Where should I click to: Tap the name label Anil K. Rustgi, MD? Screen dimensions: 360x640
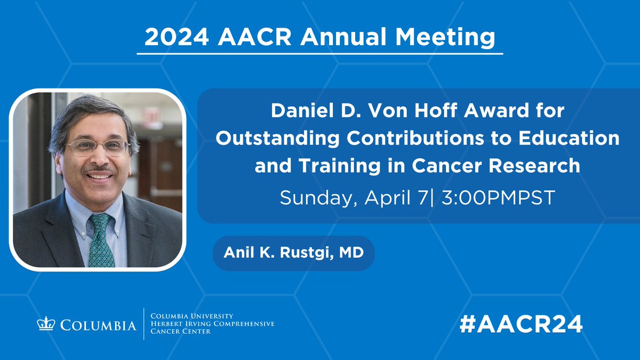click(x=293, y=252)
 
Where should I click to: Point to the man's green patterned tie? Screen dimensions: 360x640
click(x=101, y=240)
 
